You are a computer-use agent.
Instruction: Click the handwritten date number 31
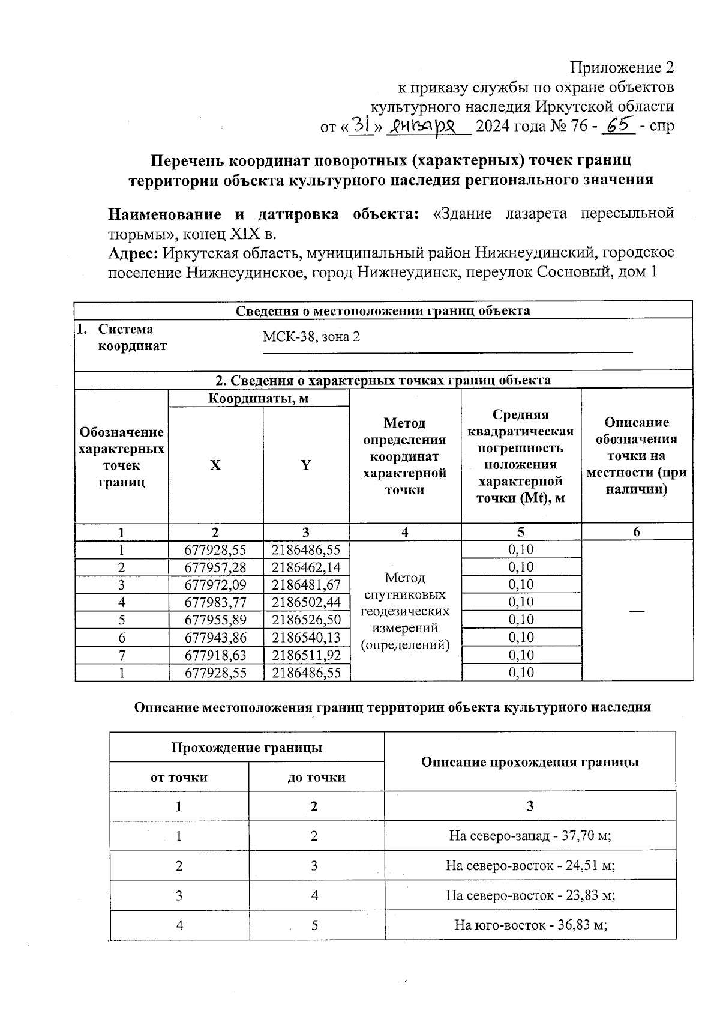pos(361,124)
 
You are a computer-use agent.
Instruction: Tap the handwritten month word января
pos(428,125)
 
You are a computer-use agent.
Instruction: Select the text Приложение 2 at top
pos(622,67)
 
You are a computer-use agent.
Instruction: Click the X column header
pos(215,465)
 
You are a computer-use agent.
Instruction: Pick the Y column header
pos(306,465)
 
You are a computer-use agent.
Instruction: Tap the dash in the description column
pos(637,610)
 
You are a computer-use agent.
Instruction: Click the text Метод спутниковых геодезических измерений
pos(405,611)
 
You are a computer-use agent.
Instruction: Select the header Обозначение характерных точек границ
pos(121,456)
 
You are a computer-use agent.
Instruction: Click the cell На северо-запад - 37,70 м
pos(530,836)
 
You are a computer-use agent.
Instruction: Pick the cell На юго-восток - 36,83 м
pos(530,925)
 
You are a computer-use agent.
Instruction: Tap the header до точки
pos(316,777)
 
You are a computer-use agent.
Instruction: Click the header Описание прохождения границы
pos(530,762)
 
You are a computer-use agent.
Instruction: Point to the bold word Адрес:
pos(133,253)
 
